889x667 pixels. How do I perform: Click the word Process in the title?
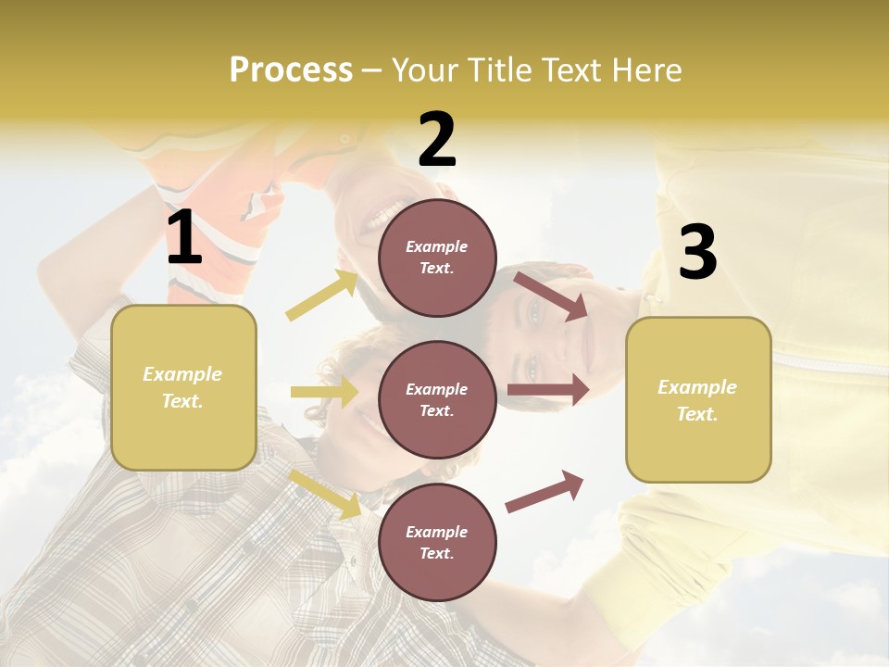click(291, 69)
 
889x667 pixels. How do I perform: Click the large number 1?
click(184, 239)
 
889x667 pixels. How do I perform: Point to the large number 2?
click(437, 141)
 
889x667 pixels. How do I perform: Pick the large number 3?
click(697, 252)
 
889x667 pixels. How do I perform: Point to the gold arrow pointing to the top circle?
click(322, 295)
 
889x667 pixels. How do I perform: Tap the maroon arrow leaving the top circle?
click(550, 296)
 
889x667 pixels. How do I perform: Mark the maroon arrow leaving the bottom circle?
click(545, 491)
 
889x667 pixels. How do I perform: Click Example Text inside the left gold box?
click(182, 386)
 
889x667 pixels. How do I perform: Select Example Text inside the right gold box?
click(697, 400)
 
